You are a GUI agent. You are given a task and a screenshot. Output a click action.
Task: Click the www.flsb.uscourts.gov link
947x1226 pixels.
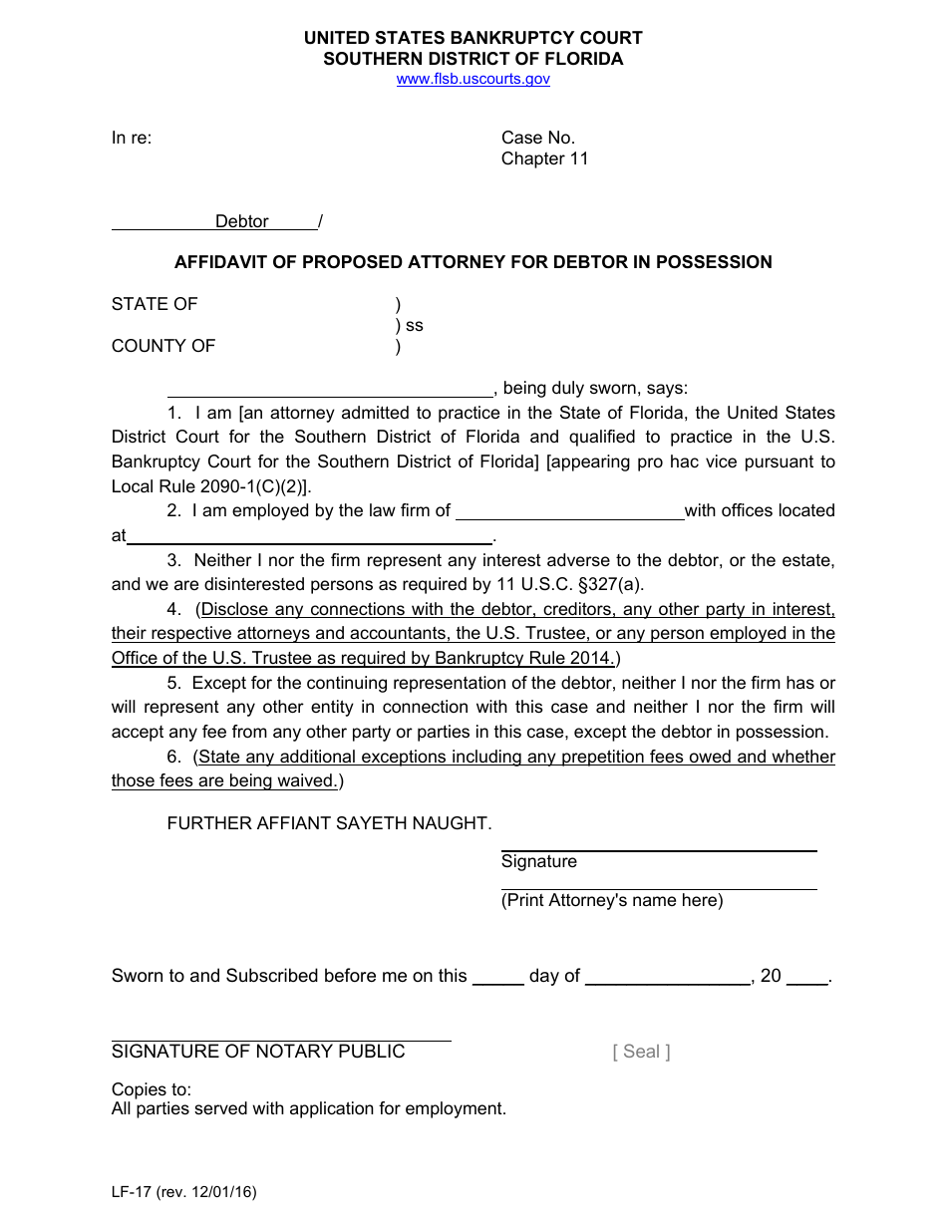(473, 80)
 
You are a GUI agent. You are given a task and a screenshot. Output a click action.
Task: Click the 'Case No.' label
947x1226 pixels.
(537, 138)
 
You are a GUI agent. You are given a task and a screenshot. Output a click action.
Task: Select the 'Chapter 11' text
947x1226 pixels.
(544, 158)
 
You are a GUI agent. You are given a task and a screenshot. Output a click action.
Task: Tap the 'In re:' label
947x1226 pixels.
(132, 138)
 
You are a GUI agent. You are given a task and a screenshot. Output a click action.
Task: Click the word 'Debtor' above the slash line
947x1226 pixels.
(241, 221)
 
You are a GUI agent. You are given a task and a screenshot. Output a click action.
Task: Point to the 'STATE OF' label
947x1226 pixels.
(155, 304)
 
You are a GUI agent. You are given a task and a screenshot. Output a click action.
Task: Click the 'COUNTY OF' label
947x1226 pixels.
(163, 346)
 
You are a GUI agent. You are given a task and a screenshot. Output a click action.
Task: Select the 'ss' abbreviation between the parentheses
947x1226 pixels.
(414, 325)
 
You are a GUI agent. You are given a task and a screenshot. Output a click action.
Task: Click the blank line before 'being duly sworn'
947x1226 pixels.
(330, 389)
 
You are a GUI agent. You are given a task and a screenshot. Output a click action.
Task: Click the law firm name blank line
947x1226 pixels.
(569, 511)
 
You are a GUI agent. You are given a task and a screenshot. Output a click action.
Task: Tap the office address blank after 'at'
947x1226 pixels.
(310, 536)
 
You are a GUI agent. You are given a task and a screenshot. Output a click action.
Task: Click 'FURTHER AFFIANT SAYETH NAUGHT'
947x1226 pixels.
(329, 823)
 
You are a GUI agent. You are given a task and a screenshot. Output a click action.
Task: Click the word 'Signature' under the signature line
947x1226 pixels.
(538, 861)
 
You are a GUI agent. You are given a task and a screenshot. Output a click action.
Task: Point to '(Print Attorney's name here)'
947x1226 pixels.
(612, 900)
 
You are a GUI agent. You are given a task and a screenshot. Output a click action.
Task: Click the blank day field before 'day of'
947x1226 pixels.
(497, 977)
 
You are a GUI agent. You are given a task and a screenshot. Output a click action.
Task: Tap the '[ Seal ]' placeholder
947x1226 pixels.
(641, 1052)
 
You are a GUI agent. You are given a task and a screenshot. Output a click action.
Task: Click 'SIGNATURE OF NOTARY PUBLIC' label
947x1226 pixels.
(258, 1052)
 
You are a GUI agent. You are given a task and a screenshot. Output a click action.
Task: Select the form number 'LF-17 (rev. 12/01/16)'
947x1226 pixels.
(183, 1191)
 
